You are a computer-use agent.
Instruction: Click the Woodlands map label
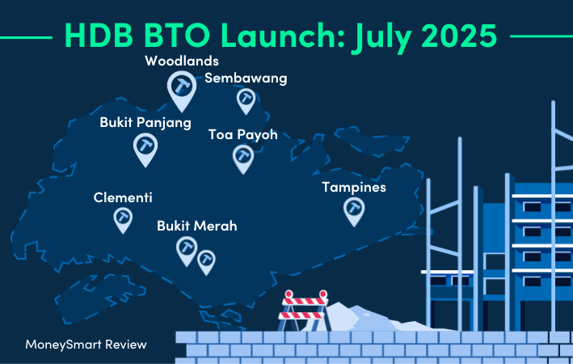[x=182, y=61]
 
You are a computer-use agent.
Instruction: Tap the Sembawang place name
[x=246, y=78]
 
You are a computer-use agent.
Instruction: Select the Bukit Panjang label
[x=145, y=123]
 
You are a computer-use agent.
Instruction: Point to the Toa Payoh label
[x=243, y=134]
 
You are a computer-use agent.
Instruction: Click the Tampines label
[x=354, y=188]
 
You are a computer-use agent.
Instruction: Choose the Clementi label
[x=123, y=197]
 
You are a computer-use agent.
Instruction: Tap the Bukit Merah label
[x=197, y=226]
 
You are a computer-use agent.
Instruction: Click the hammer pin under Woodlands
[x=182, y=90]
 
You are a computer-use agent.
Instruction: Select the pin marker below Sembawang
[x=246, y=99]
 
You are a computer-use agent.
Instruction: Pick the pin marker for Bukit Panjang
[x=145, y=148]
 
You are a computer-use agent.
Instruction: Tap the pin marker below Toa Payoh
[x=243, y=158]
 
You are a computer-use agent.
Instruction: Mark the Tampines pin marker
[x=354, y=210]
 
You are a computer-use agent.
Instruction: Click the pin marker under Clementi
[x=123, y=219]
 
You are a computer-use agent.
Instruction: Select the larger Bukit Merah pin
[x=187, y=249]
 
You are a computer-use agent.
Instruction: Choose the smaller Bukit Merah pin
[x=206, y=261]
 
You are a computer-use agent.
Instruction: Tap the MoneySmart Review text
[x=86, y=345]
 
